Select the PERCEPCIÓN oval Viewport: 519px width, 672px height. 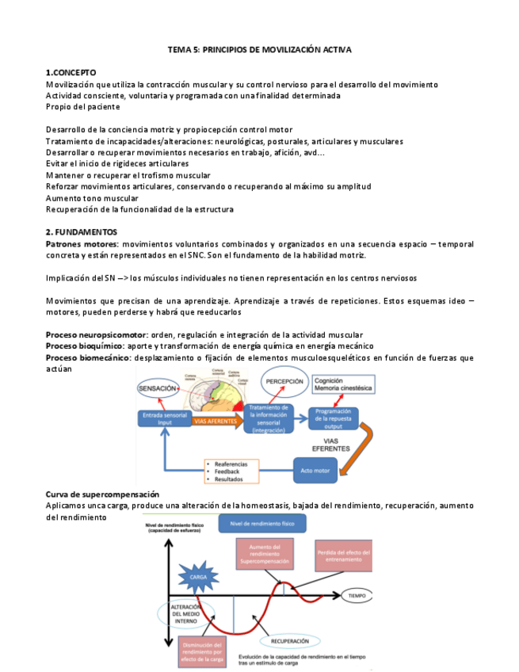(x=286, y=381)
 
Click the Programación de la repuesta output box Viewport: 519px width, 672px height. (x=332, y=417)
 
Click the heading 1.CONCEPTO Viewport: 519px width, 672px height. (x=71, y=72)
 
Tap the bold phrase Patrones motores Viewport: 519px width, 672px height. (x=82, y=244)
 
